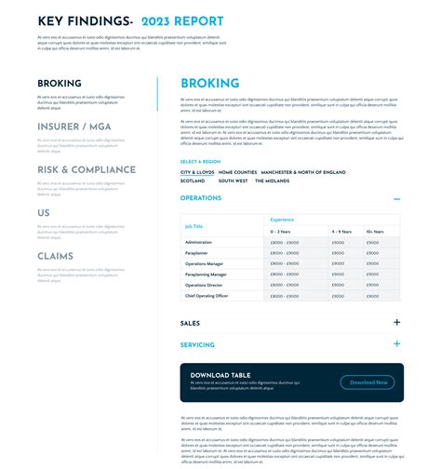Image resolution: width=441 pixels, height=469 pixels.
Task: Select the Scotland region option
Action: [x=193, y=181]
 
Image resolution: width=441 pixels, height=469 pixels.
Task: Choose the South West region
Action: [x=234, y=181]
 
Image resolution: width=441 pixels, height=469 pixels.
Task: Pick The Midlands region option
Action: [x=272, y=181]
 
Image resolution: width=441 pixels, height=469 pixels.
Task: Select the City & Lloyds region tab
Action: [x=197, y=172]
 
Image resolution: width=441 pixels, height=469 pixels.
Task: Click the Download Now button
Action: [x=367, y=382]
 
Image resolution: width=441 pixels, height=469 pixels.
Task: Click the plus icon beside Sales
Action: [x=397, y=323]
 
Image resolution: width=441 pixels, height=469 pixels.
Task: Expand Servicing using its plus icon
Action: [x=397, y=344]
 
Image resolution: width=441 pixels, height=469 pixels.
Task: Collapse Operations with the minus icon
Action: [x=397, y=198]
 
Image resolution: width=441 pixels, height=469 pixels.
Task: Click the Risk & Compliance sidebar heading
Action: [x=87, y=169]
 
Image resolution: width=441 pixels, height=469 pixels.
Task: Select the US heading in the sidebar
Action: [x=44, y=213]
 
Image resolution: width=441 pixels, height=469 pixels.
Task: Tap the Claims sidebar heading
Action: [x=56, y=256]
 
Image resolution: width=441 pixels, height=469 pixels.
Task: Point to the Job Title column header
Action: [x=194, y=226]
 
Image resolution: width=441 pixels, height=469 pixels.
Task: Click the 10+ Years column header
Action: [x=374, y=231]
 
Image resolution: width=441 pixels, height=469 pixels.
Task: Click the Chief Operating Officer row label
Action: [x=207, y=296]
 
